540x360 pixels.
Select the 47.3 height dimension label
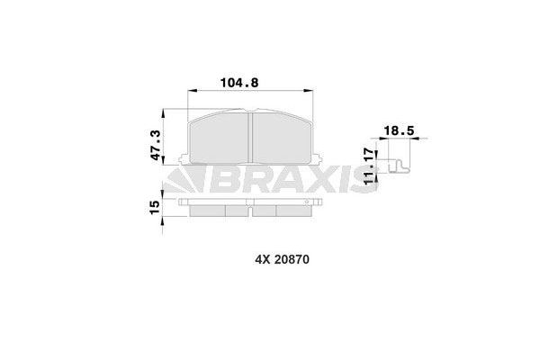(156, 145)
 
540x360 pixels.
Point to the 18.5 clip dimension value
(399, 131)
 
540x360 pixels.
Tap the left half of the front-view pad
(218, 140)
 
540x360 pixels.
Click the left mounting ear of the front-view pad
(184, 162)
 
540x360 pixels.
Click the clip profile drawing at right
(396, 167)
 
